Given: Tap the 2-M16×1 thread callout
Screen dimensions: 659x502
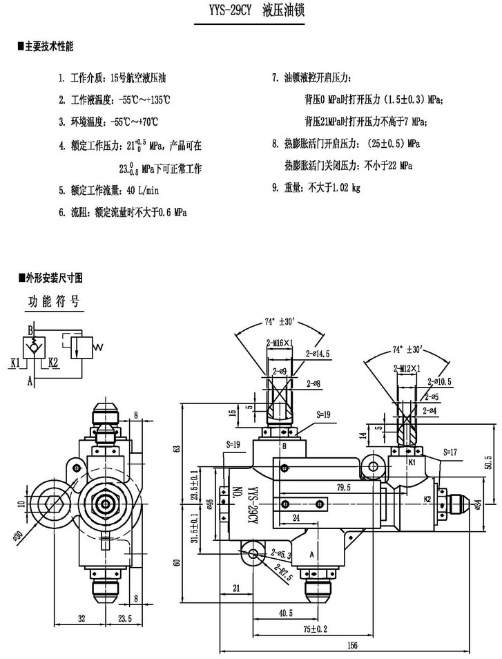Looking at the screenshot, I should pyautogui.click(x=280, y=343).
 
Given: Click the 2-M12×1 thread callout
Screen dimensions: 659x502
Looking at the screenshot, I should pyautogui.click(x=406, y=369).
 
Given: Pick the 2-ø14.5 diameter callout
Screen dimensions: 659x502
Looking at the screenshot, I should pyautogui.click(x=318, y=353).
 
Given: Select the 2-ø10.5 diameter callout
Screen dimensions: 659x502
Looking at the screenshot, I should pyautogui.click(x=440, y=382).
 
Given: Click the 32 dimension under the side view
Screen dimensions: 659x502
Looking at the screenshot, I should pyautogui.click(x=81, y=618).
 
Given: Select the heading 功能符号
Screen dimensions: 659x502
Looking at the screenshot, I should pyautogui.click(x=54, y=302).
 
